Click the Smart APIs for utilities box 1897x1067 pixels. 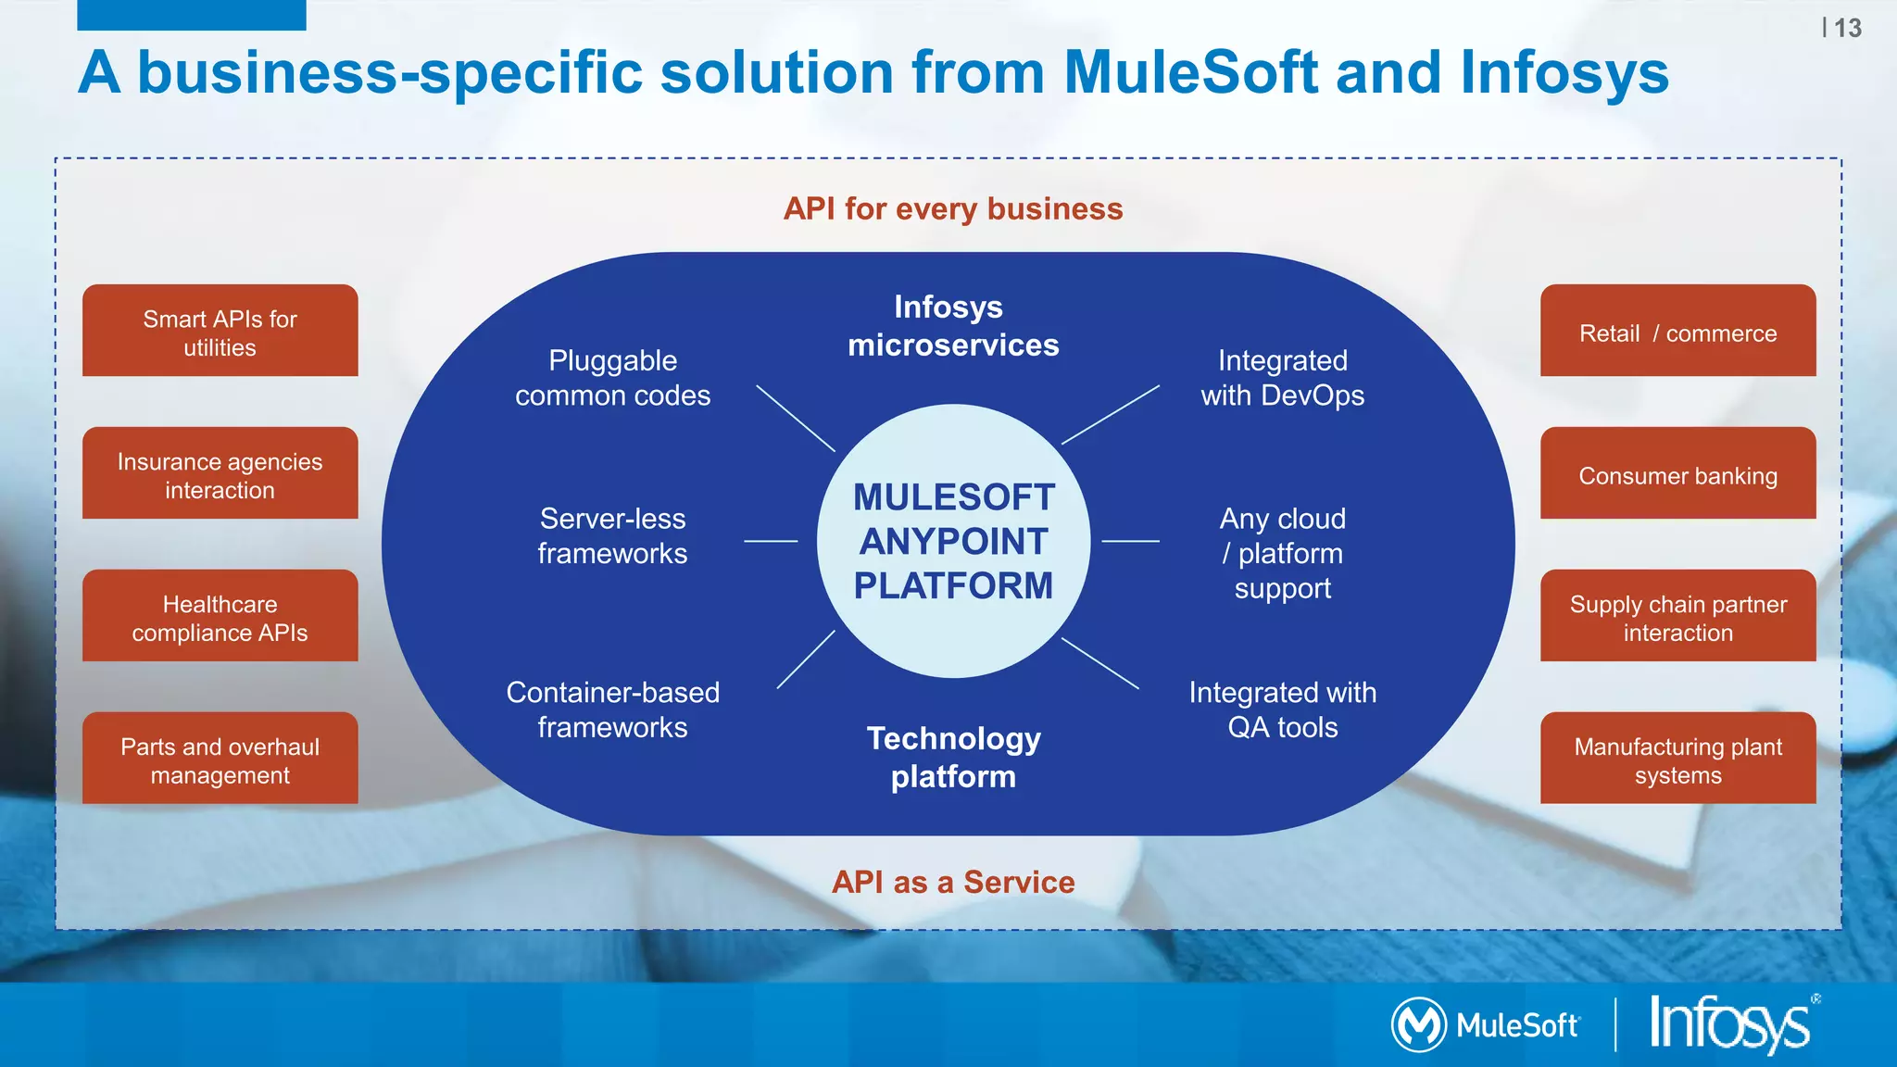[220, 331]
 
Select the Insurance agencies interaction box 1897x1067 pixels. [220, 473]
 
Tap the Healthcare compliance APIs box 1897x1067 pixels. [220, 616]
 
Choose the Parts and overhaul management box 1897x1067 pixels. [220, 759]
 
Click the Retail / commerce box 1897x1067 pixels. [1677, 331]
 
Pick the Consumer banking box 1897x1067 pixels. [1677, 473]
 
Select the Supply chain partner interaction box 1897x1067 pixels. [1677, 616]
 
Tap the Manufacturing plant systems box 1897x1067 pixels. [1677, 759]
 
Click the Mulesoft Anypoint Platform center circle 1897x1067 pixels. [953, 541]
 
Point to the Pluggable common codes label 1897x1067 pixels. [612, 378]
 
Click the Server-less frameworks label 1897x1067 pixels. [612, 535]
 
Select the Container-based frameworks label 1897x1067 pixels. [612, 709]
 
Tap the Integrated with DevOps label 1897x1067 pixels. [1282, 378]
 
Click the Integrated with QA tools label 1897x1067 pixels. [1282, 709]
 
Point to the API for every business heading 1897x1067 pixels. [953, 209]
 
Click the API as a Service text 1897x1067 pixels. [953, 882]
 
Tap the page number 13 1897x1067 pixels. [1847, 29]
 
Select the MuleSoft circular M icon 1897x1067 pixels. [1418, 1024]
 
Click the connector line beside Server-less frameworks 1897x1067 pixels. [771, 541]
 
